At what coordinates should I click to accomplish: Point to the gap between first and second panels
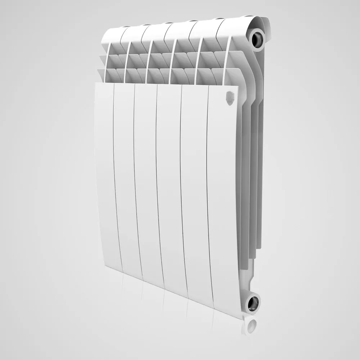(x=114, y=176)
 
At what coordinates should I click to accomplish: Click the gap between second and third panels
(x=136, y=180)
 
